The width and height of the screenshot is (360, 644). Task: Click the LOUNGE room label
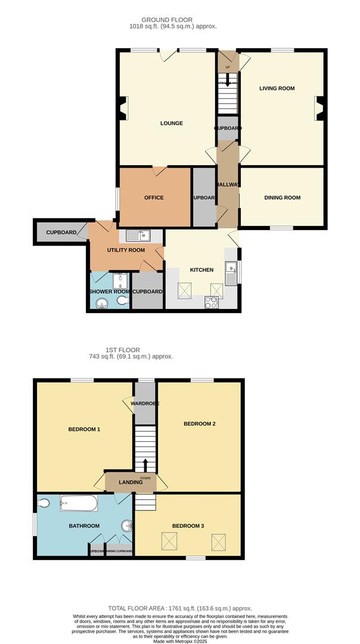pyautogui.click(x=171, y=123)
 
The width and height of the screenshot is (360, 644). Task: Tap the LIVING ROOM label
pyautogui.click(x=277, y=88)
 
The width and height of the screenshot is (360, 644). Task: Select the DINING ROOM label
pyautogui.click(x=283, y=197)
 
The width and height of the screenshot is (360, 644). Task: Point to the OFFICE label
pyautogui.click(x=154, y=197)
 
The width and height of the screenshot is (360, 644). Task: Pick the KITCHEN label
pyautogui.click(x=201, y=270)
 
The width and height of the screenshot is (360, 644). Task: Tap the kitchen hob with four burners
pyautogui.click(x=211, y=302)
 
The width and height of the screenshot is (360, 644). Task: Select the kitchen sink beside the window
pyautogui.click(x=231, y=273)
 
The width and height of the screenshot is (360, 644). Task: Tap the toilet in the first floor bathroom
pyautogui.click(x=44, y=504)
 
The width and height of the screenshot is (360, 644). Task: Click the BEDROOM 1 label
pyautogui.click(x=84, y=429)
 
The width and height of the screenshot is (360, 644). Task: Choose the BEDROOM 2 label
pyautogui.click(x=199, y=424)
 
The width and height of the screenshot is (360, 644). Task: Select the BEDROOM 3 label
pyautogui.click(x=188, y=525)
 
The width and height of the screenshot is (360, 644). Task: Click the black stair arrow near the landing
pyautogui.click(x=145, y=465)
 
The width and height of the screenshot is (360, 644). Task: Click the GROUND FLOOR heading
pyautogui.click(x=167, y=20)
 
